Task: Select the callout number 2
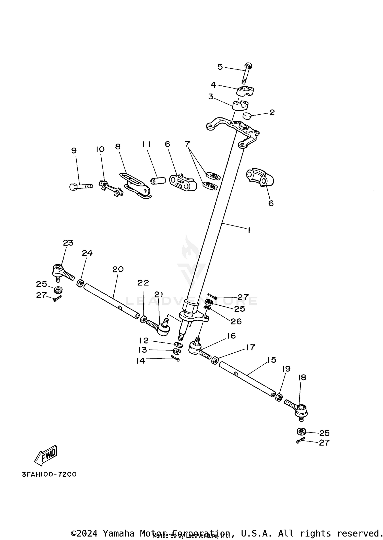pos(272,112)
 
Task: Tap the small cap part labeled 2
pos(247,116)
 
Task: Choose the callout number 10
pos(100,149)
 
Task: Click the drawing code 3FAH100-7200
pos(49,474)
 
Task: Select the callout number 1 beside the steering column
pos(249,230)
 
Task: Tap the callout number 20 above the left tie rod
pos(118,269)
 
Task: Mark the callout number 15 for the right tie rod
pos(272,360)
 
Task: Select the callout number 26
pos(236,321)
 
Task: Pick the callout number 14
pos(141,361)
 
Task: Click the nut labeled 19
pos(279,397)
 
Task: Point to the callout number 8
pos(118,147)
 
